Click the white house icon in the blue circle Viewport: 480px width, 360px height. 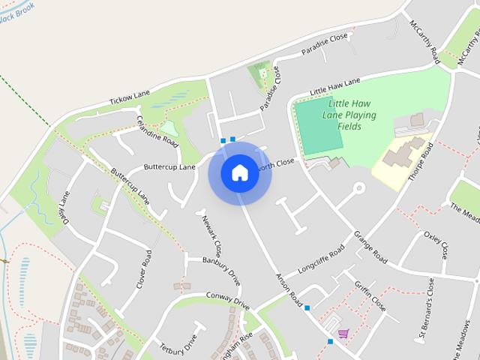[240, 172]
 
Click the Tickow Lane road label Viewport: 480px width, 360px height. [130, 98]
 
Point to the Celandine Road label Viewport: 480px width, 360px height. [157, 131]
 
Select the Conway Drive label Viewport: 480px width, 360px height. [227, 300]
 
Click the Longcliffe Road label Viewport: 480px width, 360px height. [321, 258]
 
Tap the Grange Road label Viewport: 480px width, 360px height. [370, 247]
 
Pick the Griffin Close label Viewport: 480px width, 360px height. [370, 296]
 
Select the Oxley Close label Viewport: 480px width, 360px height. [436, 241]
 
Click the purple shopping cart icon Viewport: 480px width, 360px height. [343, 334]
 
